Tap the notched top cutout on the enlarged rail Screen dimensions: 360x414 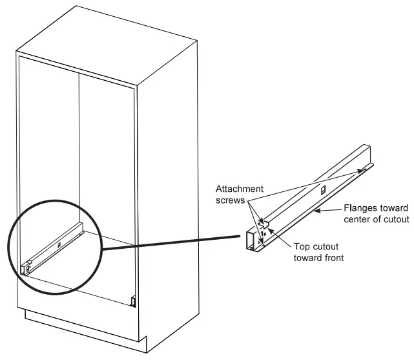tap(265, 223)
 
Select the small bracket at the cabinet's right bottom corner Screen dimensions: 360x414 tap(132, 301)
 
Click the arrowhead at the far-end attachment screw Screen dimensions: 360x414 tap(359, 171)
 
